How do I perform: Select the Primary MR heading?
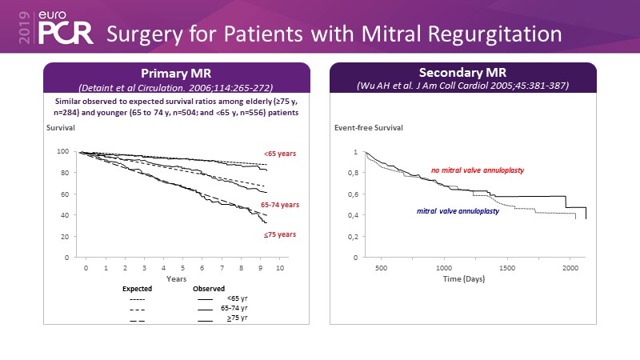pos(175,71)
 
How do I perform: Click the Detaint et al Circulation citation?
pos(175,86)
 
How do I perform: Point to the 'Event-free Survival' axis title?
pos(369,128)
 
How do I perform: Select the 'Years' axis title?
pos(176,279)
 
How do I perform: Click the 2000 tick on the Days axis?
pos(570,269)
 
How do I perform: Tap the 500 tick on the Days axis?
pos(381,269)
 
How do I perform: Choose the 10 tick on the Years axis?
pos(280,269)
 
